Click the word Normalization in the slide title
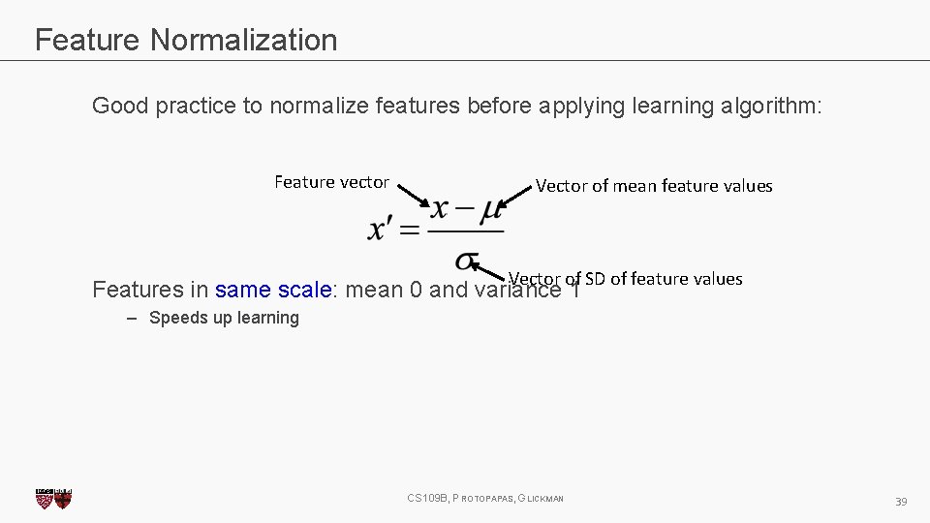pyautogui.click(x=243, y=40)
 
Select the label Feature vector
pyautogui.click(x=331, y=182)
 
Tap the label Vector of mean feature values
pyautogui.click(x=654, y=186)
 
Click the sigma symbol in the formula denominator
pyautogui.click(x=466, y=261)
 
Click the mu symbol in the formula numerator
pyautogui.click(x=490, y=208)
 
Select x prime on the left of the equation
pyautogui.click(x=381, y=231)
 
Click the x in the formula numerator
pyautogui.click(x=440, y=208)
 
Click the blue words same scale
pyautogui.click(x=274, y=290)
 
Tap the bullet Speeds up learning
pyautogui.click(x=224, y=318)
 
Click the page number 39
pyautogui.click(x=900, y=501)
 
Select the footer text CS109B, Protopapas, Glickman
pyautogui.click(x=485, y=499)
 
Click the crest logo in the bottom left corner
pyautogui.click(x=53, y=498)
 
